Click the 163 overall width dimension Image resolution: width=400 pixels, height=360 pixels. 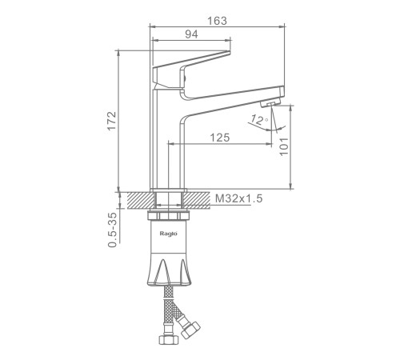click(218, 21)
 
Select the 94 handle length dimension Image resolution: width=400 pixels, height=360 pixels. click(191, 34)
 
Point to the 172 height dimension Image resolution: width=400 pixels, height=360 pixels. click(112, 121)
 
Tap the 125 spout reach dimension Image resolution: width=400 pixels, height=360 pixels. click(220, 138)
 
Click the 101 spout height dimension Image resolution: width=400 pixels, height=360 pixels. click(284, 146)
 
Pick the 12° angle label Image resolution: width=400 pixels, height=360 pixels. click(259, 120)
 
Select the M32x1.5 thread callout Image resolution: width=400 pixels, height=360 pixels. click(239, 198)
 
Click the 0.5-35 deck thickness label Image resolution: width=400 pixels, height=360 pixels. click(112, 230)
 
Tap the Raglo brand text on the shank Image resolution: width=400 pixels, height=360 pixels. click(169, 234)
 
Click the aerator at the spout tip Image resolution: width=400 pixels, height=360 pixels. click(270, 103)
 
